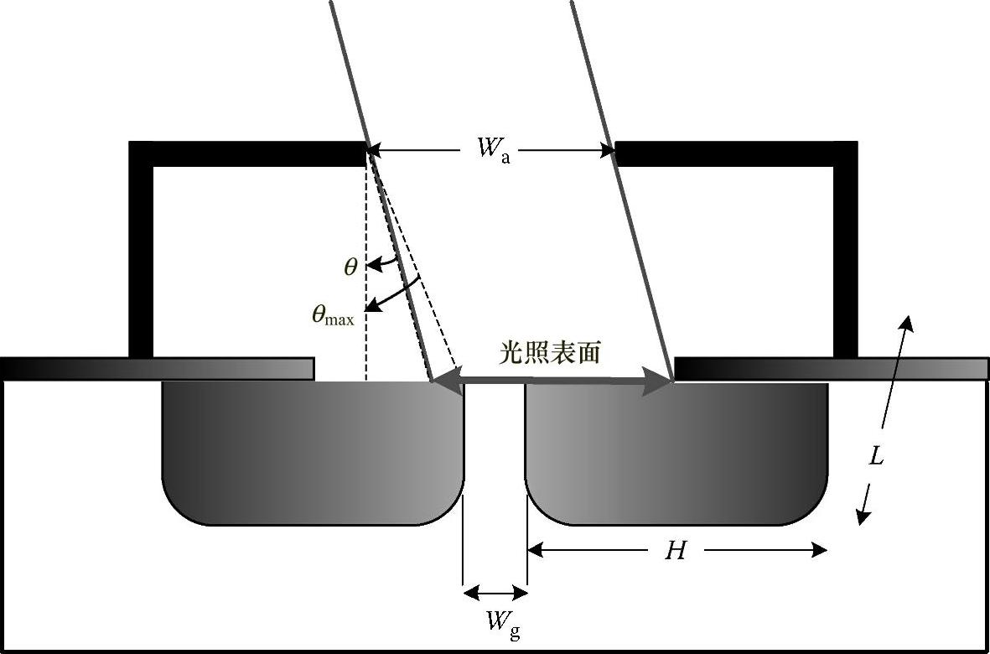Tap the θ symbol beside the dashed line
351,267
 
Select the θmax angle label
333,316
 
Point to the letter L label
876,457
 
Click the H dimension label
676,550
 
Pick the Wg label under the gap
503,623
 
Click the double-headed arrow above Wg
495,593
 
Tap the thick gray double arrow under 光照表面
553,381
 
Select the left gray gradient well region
312,453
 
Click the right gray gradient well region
676,453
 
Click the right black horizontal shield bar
736,153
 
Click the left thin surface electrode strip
157,369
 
